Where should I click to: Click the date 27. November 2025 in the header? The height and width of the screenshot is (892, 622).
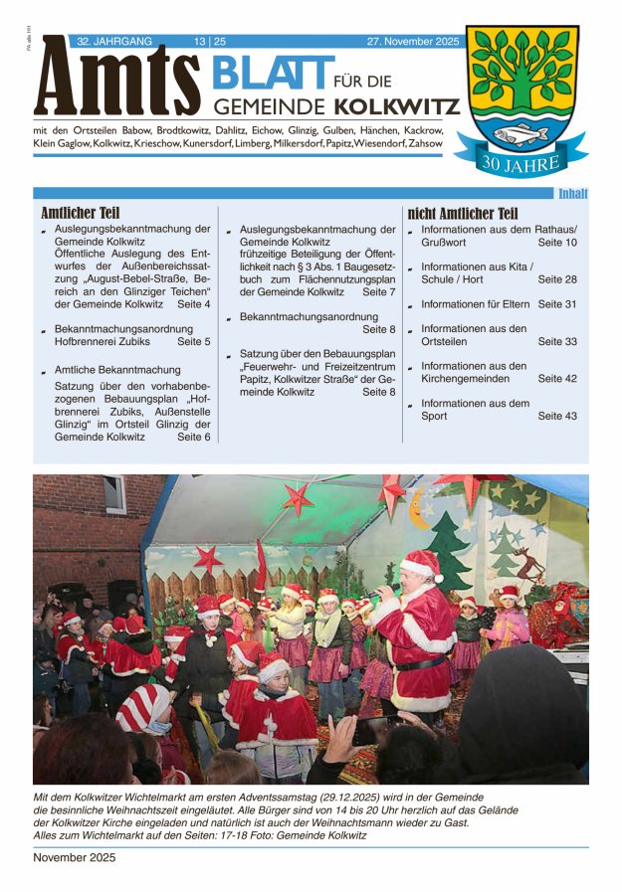pos(413,41)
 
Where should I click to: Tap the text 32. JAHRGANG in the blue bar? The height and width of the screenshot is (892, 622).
pos(114,41)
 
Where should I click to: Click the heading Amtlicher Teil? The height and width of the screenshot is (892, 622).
pos(81,213)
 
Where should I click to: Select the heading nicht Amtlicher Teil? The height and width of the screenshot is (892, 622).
pos(463,213)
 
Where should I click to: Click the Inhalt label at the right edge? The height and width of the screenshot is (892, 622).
pos(572,194)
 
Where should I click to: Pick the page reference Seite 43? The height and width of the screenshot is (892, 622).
pos(557,417)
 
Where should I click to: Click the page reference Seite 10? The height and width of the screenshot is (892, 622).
pos(557,243)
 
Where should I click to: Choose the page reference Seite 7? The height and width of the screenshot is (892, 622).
pos(379,292)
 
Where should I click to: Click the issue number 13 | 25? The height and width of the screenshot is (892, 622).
pos(210,41)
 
